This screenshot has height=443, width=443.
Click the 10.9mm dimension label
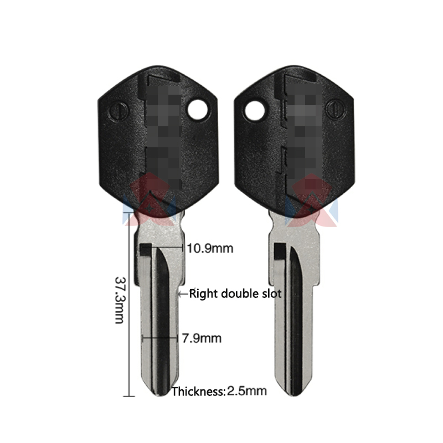(210, 249)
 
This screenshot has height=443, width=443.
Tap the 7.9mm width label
(202, 337)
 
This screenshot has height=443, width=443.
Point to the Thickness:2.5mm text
(219, 392)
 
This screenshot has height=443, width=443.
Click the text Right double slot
(235, 293)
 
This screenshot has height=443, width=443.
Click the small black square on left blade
(145, 250)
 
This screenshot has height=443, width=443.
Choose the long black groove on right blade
(297, 316)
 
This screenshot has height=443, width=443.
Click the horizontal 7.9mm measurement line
(161, 337)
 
